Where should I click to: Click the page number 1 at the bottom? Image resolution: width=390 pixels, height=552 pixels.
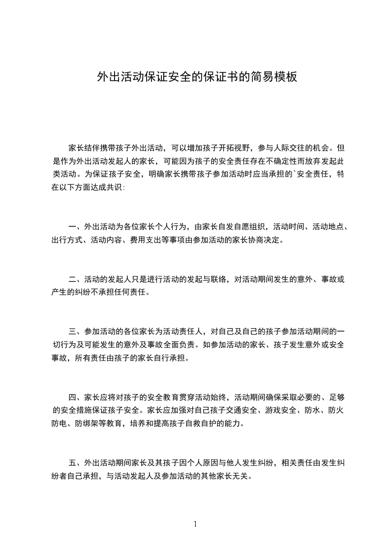pos(195,524)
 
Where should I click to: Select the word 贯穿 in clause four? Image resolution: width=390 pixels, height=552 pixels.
pos(185,397)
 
